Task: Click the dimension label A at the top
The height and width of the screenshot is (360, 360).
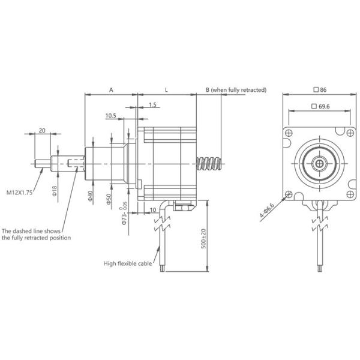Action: coord(111,89)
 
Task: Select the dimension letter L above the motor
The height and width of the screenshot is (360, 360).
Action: coord(166,89)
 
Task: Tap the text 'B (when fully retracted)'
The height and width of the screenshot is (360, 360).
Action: coord(236,89)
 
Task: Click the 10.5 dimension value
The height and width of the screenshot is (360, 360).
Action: coord(111,115)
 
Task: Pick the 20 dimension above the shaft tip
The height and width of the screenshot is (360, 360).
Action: coord(42,130)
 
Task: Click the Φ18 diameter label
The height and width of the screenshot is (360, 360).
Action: coord(54,191)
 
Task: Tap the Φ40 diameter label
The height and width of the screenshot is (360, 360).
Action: coord(90,196)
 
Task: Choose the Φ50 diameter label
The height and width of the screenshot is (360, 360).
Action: coord(109,199)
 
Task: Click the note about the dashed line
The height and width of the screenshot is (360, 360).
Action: coord(36,234)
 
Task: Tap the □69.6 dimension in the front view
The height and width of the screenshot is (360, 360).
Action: coord(320,106)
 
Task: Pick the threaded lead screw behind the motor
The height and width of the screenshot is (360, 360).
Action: coord(211,163)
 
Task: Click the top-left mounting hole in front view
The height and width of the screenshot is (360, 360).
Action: coord(289,133)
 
